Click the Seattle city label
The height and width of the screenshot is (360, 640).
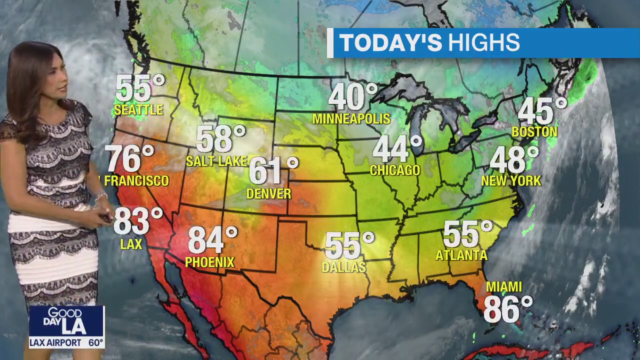pos(138,109)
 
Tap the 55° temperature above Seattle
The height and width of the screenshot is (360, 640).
pos(139,88)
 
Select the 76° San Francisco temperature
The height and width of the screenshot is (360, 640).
pos(129,158)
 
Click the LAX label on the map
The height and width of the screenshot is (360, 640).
pos(131,244)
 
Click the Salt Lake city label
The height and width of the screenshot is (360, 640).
pos(216,161)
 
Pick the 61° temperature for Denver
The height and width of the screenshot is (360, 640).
pos(273,170)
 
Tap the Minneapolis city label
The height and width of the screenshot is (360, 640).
pos(351,118)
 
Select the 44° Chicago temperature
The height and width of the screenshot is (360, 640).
pos(397,148)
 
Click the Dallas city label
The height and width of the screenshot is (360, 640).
pos(344,267)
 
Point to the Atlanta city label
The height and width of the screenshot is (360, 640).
pos(461,255)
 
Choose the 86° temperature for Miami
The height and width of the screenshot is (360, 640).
pos(507,309)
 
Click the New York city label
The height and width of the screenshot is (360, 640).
pos(511,180)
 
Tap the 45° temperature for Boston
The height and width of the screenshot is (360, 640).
pos(541,111)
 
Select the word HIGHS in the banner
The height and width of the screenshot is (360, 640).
pos(483,43)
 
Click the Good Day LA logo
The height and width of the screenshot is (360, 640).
pos(66,321)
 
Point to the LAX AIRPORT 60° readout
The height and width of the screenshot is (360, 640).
pos(66,343)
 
